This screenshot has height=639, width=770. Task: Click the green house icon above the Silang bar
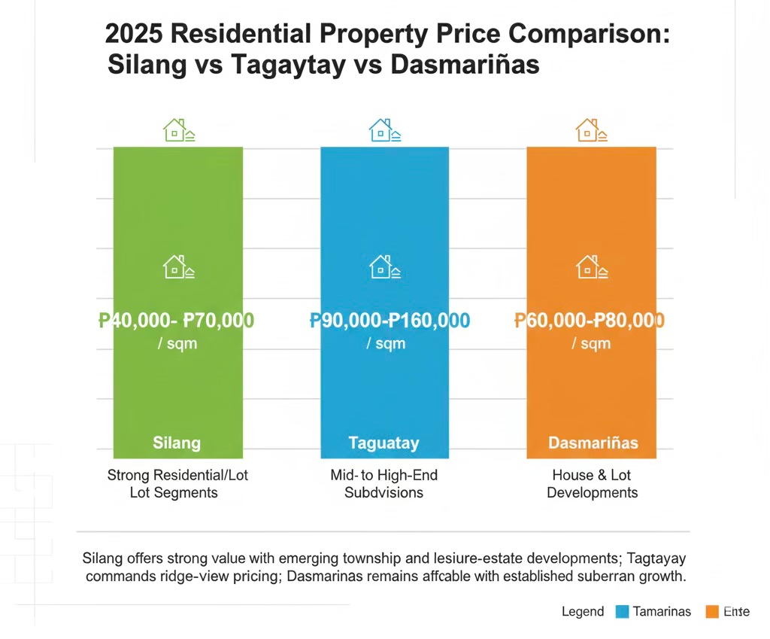[179, 130]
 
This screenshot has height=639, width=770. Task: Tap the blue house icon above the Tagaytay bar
[385, 130]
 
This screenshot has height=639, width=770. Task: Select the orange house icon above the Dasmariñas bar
[591, 130]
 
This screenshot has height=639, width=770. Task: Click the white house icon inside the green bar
[179, 266]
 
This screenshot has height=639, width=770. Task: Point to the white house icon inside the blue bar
[385, 266]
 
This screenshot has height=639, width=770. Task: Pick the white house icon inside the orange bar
[591, 266]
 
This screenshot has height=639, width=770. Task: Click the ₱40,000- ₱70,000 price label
[177, 321]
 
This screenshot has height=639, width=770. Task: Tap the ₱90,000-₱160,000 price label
[390, 321]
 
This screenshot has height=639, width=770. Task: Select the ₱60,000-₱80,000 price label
[590, 321]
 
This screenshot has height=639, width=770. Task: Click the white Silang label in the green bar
[177, 442]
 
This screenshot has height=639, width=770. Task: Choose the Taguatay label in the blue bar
[383, 443]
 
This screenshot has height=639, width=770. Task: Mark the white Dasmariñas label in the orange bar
[593, 442]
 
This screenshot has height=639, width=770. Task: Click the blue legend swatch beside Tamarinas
[622, 611]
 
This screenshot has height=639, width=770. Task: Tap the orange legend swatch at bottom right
[712, 611]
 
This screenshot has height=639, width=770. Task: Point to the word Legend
[583, 611]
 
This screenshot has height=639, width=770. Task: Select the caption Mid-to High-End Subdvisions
[383, 484]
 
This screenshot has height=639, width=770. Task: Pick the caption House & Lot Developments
[592, 484]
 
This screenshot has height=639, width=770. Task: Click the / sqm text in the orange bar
[591, 344]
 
